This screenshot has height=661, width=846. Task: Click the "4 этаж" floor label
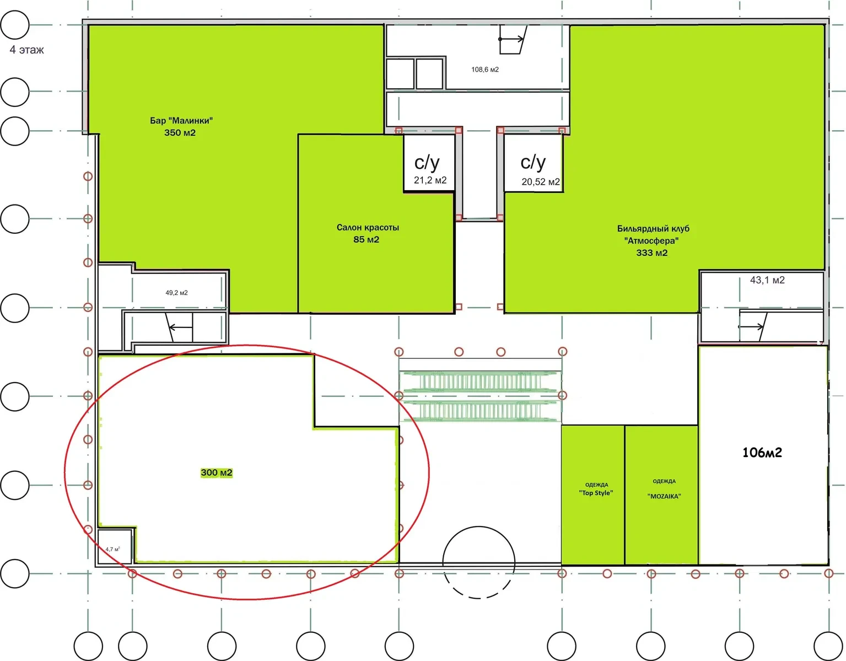[26, 50]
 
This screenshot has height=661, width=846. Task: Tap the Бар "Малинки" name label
[181, 121]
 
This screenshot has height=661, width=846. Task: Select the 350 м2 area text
[180, 133]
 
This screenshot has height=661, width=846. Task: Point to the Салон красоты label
[368, 227]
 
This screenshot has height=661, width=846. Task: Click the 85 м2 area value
[366, 239]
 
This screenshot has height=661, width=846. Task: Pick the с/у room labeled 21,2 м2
[429, 163]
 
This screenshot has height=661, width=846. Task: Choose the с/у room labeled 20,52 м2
[534, 163]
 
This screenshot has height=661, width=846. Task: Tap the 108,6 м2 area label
[484, 69]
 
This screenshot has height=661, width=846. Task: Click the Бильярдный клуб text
[653, 228]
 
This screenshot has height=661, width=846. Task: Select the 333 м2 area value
[652, 253]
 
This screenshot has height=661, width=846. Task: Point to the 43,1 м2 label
[767, 280]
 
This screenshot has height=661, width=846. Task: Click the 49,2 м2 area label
[176, 293]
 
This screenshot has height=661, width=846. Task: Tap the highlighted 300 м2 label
[217, 472]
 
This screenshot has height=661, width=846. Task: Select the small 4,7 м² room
[114, 546]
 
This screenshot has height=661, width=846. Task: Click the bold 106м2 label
[762, 453]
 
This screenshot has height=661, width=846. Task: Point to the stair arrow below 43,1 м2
[751, 327]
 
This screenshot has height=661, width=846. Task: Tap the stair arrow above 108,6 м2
[511, 39]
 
